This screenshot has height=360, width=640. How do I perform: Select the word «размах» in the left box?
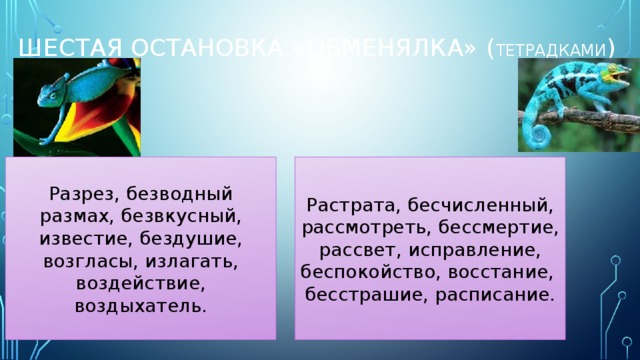coord(70,215)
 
